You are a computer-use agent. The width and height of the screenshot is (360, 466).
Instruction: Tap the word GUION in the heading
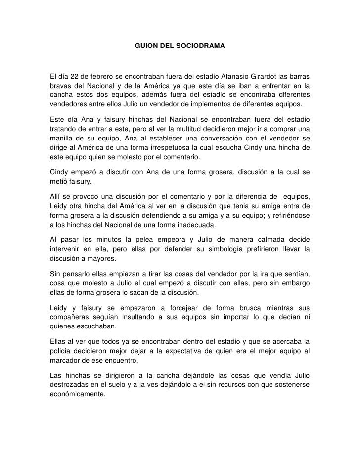[x=146, y=46]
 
